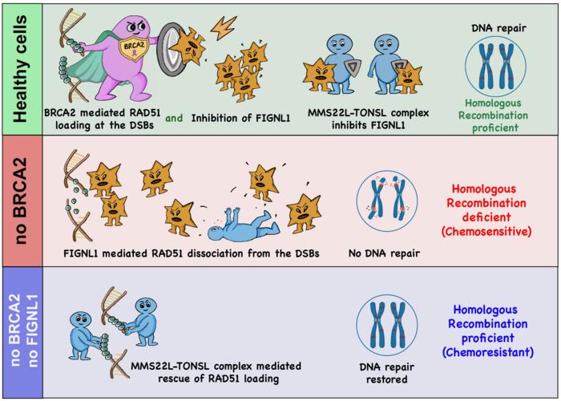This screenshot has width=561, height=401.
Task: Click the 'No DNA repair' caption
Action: click(x=385, y=254)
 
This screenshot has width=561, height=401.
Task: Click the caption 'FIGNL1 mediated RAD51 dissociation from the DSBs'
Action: click(x=189, y=254)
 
